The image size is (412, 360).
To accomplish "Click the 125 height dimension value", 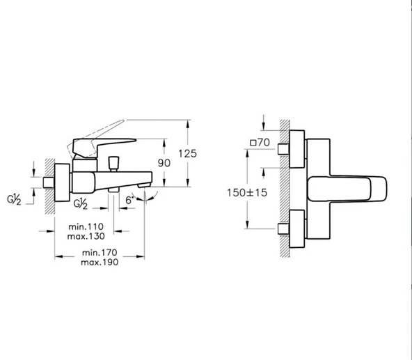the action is point(187,154).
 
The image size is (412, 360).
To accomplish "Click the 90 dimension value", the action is point(164,163).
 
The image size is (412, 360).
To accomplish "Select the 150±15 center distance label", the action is point(247,192).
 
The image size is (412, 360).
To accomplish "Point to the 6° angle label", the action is point(129,200).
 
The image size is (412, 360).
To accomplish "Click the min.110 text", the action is point(86,227).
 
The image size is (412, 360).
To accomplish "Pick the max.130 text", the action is point(86,236).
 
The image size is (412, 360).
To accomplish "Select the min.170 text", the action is point(100,253).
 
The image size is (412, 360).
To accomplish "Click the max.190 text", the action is point(100,263).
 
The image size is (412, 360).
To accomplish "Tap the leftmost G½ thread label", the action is point(14,200).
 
